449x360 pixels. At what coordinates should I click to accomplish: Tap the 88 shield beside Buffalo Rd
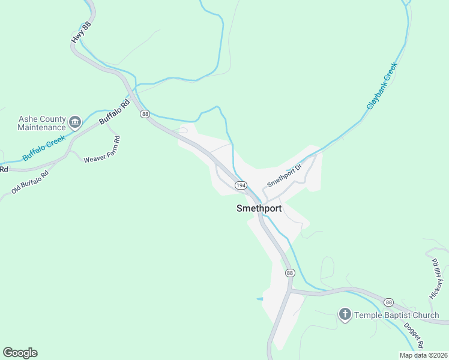(145, 113)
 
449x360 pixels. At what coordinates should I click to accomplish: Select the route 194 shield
(240, 185)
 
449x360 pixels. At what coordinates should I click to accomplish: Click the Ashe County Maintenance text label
(41, 123)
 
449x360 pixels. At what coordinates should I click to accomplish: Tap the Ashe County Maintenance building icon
(75, 123)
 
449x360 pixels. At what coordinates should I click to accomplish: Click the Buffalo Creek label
(43, 148)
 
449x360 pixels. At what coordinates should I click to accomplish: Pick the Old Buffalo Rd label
(30, 181)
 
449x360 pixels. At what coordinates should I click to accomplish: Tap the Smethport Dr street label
(283, 173)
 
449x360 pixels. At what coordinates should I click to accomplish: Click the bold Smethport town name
(259, 209)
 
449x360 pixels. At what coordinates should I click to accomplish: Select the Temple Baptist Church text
(396, 315)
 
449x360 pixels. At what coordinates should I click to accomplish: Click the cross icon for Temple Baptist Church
(345, 314)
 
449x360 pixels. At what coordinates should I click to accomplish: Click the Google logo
(20, 353)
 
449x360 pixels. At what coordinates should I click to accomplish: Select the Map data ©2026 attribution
(423, 355)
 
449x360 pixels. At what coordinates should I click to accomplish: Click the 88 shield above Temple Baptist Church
(389, 302)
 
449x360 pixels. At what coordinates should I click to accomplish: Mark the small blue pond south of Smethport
(259, 298)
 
